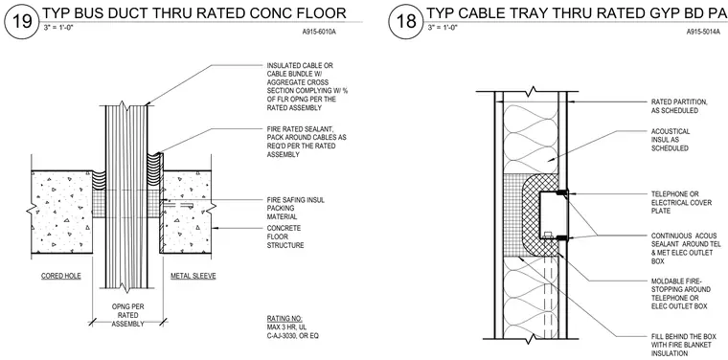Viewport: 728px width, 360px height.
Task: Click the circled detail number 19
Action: (x=22, y=21)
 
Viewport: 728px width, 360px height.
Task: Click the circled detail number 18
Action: (x=406, y=21)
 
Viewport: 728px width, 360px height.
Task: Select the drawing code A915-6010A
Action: (x=318, y=32)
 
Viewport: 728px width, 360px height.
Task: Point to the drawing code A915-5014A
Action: (x=703, y=32)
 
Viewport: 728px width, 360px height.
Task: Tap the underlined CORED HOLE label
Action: (x=60, y=276)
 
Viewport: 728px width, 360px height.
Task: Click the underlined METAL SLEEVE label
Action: (x=193, y=276)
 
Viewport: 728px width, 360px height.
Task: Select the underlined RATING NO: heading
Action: (x=284, y=319)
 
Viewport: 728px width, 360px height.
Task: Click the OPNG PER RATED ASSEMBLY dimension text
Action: (x=127, y=315)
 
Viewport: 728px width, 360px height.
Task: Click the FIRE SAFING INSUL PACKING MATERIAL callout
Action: (x=296, y=209)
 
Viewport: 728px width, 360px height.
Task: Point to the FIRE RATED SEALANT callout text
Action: (x=307, y=142)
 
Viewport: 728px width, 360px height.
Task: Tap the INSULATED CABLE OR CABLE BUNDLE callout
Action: (x=307, y=87)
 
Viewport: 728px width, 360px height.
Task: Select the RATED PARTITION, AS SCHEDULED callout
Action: (x=679, y=106)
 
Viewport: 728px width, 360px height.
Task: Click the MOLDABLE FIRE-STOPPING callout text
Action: (x=681, y=294)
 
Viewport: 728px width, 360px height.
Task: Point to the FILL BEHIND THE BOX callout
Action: (x=683, y=345)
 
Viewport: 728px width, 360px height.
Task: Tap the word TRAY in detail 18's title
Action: (x=520, y=13)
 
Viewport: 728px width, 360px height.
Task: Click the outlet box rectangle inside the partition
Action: (x=554, y=215)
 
